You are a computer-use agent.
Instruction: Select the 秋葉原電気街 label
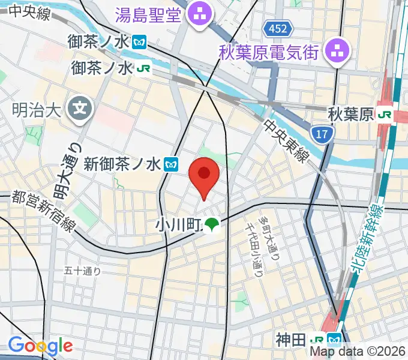[271, 52]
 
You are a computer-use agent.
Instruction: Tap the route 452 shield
[278, 28]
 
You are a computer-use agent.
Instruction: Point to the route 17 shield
[322, 134]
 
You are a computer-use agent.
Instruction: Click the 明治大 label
[37, 110]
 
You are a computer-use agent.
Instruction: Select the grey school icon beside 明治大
[79, 108]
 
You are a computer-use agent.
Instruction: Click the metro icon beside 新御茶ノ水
[172, 163]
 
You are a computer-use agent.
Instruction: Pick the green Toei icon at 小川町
[211, 225]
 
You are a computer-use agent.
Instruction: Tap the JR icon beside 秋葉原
[385, 114]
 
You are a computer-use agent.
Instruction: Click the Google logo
[40, 346]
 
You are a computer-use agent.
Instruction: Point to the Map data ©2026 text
[358, 353]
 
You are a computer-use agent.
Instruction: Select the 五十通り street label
[82, 271]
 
